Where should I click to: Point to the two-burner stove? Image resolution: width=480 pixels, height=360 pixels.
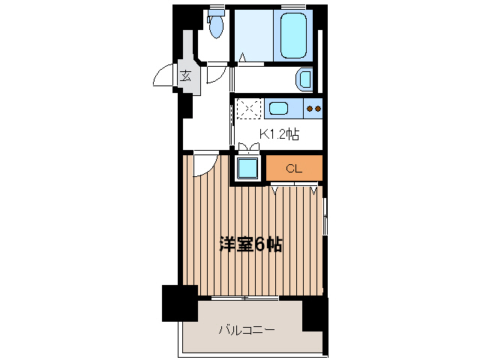(314, 109)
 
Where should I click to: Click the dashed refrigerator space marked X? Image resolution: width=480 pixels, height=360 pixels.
(248, 109)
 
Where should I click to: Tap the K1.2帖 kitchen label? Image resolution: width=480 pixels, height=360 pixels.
(279, 134)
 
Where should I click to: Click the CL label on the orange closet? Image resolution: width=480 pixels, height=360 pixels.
(294, 169)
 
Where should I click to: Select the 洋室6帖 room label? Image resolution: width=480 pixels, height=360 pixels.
(250, 244)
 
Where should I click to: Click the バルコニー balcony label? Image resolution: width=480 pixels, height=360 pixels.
(246, 329)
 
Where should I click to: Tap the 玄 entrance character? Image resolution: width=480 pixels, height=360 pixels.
(185, 75)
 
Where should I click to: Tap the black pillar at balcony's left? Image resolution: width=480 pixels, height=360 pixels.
(179, 303)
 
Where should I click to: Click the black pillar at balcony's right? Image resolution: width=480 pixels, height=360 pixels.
(314, 313)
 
